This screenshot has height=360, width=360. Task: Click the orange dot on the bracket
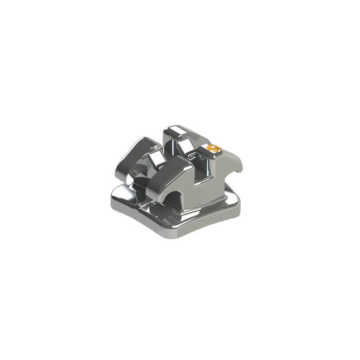click(213, 149)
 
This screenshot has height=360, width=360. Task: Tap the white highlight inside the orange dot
click(211, 149)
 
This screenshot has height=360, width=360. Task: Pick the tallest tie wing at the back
click(177, 135)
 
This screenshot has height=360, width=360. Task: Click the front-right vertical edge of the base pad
click(216, 219)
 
